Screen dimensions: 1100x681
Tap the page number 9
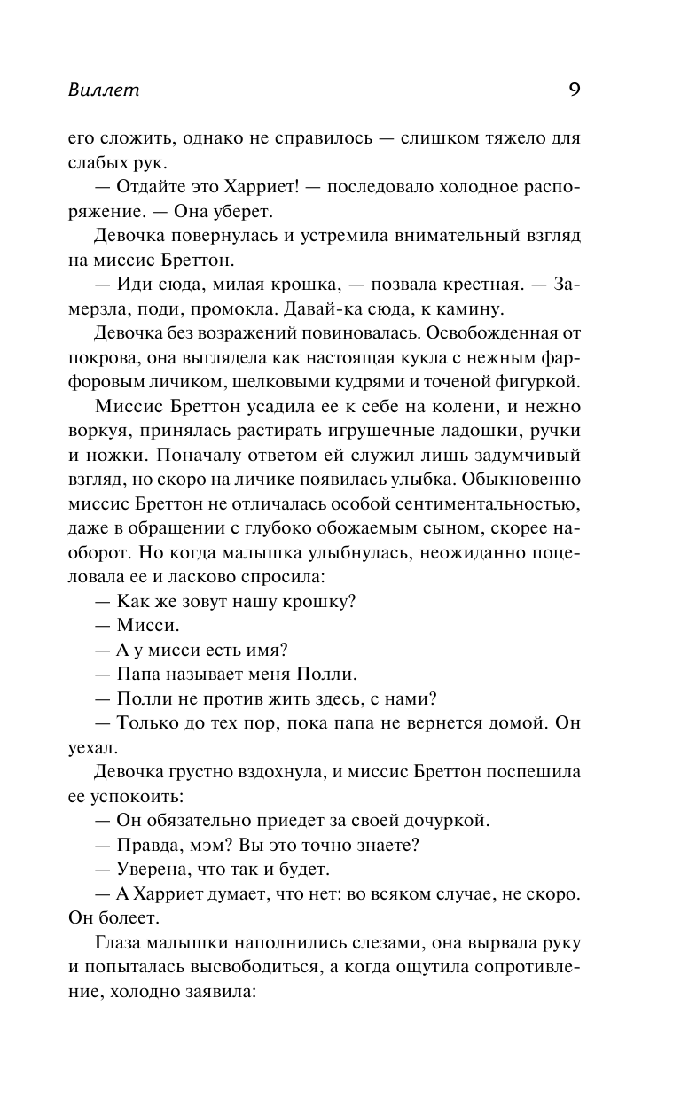point(574,89)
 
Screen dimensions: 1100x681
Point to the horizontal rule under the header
point(340,106)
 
